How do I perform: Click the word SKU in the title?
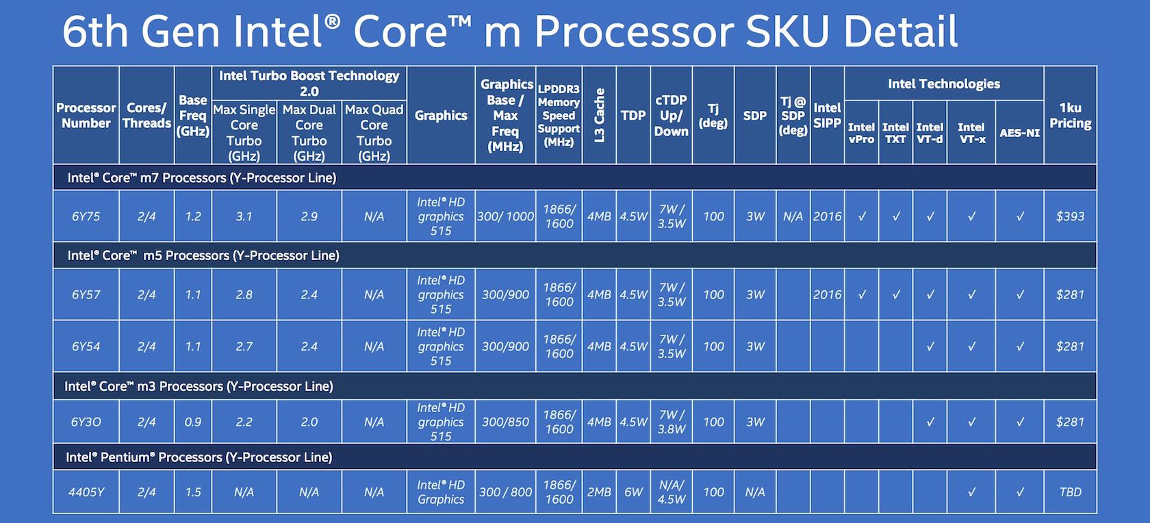tap(787, 31)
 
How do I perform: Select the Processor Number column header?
tap(86, 116)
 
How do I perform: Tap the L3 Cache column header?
tap(598, 116)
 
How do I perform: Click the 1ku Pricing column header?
tap(1070, 116)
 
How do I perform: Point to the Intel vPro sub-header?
tap(861, 133)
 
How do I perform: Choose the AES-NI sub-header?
tap(1019, 133)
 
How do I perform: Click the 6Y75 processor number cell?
tap(86, 216)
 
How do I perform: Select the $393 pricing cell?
tap(1070, 216)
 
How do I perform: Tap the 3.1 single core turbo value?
tap(244, 216)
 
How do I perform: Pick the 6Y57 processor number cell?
tap(86, 294)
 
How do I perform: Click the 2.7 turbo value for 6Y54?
tap(244, 346)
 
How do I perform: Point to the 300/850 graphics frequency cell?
tap(505, 422)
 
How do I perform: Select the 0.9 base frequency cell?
tap(192, 422)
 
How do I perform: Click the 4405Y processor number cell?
tap(86, 492)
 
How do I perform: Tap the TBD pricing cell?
tap(1070, 492)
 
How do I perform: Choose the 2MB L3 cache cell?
tap(598, 492)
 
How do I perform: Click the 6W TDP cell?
tap(633, 492)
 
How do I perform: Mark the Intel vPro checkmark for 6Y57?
tap(861, 295)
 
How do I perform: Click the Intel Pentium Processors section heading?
tap(199, 457)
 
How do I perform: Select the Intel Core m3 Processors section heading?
tap(199, 386)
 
